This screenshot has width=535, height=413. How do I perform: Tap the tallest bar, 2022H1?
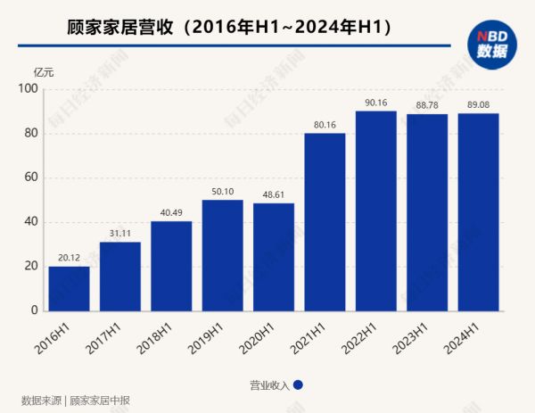375,211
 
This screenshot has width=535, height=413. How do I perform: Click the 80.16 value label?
325,125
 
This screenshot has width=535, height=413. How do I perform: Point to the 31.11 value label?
119,234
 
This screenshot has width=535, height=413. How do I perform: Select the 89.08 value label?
478,105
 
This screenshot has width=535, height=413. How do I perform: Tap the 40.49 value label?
171,213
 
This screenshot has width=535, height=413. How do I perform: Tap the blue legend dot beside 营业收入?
298,385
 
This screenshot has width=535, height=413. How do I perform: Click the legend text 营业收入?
269,385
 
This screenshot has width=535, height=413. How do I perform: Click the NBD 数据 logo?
489,43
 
